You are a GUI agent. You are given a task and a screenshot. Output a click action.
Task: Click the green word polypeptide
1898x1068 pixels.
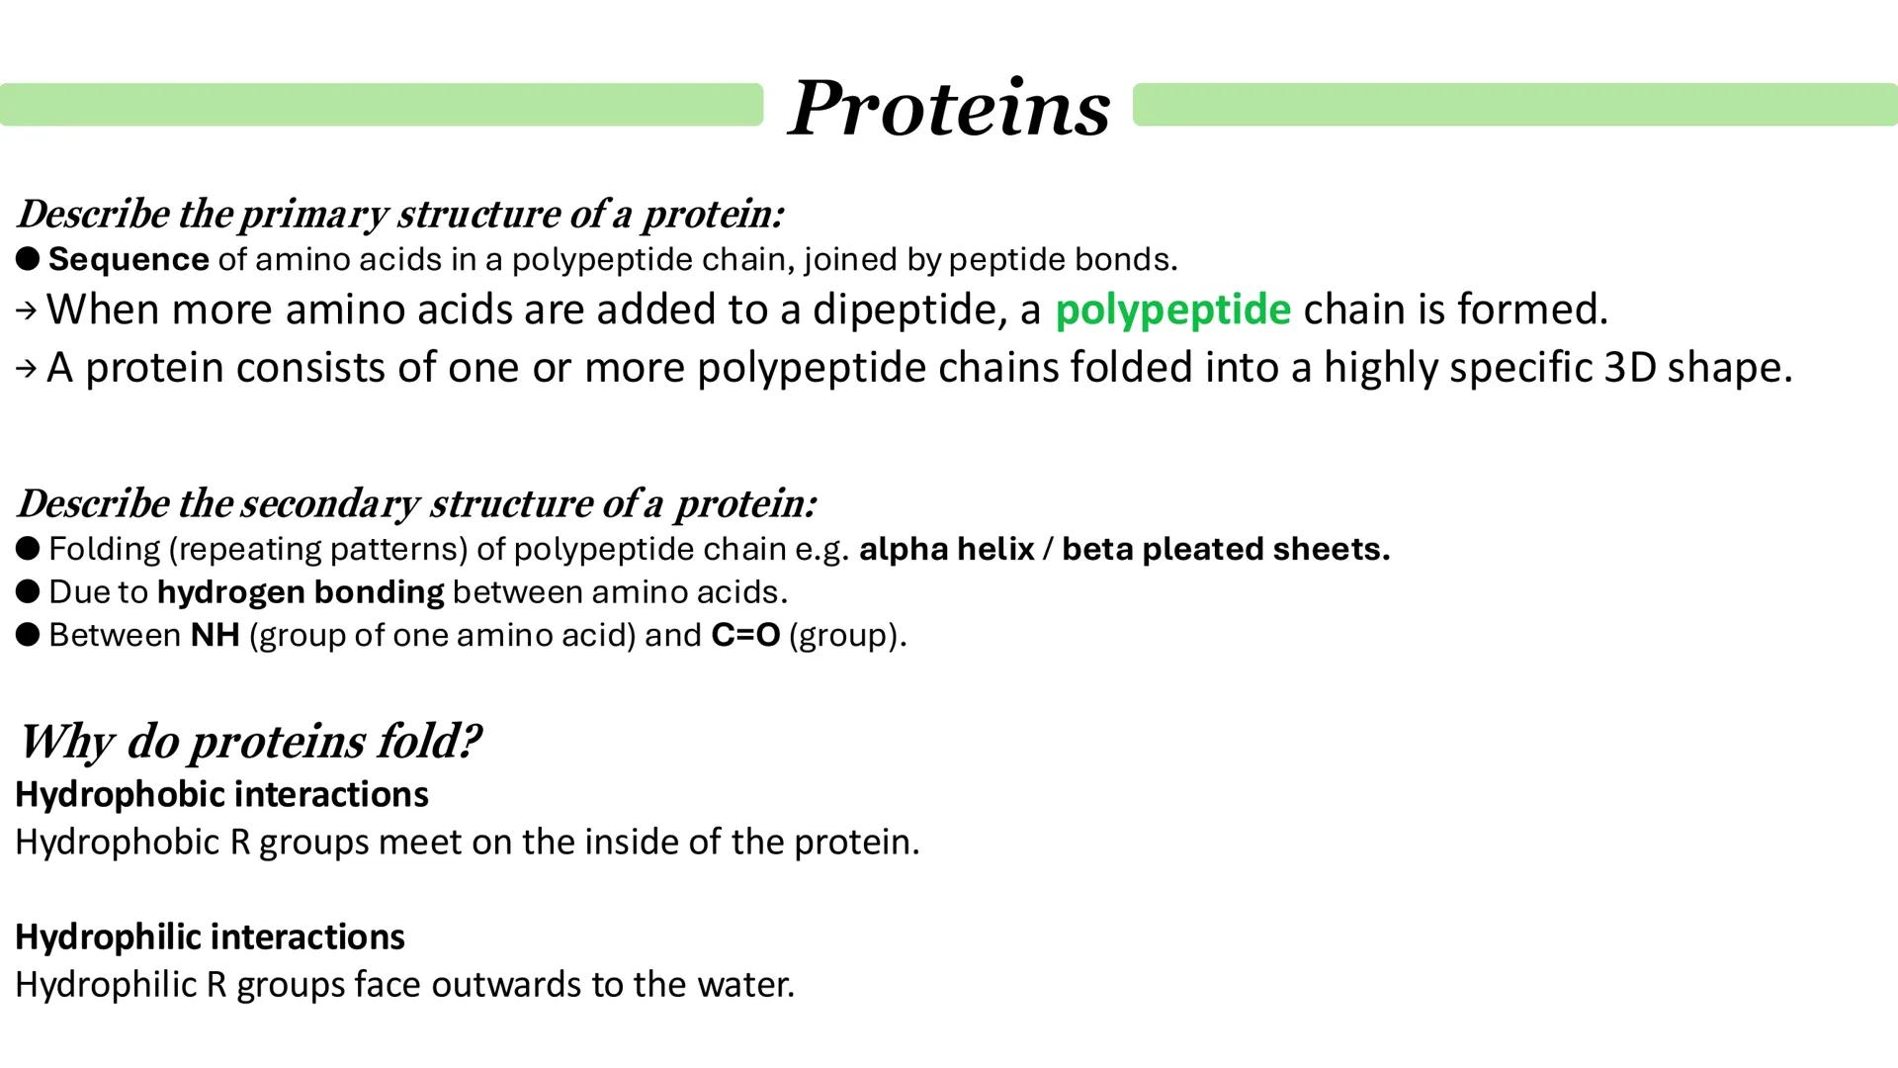pos(1172,310)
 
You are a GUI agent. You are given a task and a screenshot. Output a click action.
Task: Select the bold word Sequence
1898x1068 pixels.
pos(129,259)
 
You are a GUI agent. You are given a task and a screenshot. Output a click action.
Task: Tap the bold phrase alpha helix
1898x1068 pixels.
pos(946,549)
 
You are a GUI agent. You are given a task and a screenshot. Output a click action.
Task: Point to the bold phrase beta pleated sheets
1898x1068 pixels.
pos(1226,549)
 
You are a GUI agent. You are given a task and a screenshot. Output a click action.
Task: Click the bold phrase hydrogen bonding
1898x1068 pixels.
pos(301,591)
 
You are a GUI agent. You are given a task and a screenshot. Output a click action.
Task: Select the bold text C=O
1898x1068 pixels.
pos(745,635)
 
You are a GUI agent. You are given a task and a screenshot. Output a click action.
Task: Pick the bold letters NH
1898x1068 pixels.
pos(216,635)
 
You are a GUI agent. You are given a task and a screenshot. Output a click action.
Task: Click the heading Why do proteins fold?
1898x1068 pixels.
pos(249,741)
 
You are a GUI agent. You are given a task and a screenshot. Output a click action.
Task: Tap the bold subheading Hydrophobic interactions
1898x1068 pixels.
pos(221,794)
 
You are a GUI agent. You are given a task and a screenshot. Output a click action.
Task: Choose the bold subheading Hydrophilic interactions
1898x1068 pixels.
pos(210,936)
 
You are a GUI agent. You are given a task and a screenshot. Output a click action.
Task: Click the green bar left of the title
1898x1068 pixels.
pos(382,105)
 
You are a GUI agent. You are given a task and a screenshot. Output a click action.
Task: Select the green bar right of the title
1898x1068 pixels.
pos(1514,105)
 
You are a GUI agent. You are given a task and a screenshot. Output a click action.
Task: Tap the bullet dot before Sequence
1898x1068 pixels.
pos(28,259)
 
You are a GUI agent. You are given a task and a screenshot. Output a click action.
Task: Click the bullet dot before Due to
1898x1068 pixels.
pos(28,591)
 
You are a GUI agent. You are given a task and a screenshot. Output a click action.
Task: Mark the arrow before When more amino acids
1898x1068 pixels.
pos(27,311)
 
